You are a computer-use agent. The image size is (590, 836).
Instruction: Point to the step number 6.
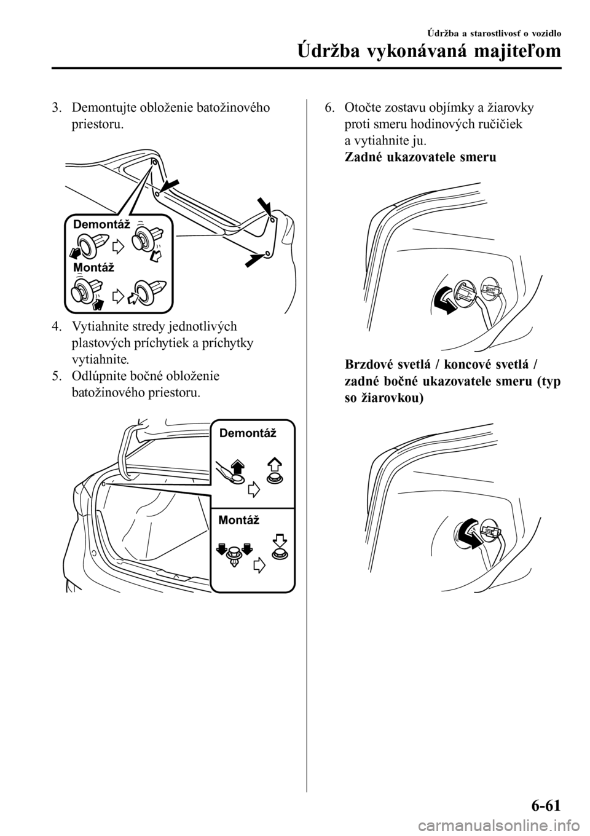tap(329, 108)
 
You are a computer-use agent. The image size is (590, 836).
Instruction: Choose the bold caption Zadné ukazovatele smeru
tap(420, 157)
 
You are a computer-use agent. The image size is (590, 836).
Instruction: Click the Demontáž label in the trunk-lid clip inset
tap(101, 224)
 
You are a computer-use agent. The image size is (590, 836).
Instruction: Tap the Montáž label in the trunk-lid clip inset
tap(93, 267)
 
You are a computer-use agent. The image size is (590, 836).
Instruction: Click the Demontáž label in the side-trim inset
tap(248, 433)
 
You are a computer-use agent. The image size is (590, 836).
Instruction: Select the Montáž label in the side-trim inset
tap(238, 520)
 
